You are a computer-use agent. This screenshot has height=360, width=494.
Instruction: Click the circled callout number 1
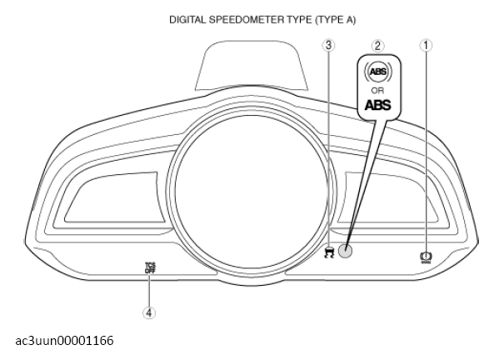coord(426,45)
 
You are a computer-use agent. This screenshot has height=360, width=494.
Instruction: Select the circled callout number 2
coord(377,46)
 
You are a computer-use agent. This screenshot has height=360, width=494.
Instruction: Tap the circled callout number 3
coord(328,45)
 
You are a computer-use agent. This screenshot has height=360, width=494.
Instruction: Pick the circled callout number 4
coord(149,313)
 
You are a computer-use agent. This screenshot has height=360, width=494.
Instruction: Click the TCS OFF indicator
coord(150,267)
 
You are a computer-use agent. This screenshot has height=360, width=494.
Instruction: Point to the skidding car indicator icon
coord(329,252)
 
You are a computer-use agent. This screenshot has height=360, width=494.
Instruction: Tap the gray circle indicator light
coord(345,251)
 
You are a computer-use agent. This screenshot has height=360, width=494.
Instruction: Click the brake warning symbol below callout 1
coord(426,257)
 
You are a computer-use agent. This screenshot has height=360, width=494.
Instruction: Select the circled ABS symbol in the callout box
coord(378,72)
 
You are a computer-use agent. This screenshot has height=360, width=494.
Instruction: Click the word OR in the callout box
coord(377,91)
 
